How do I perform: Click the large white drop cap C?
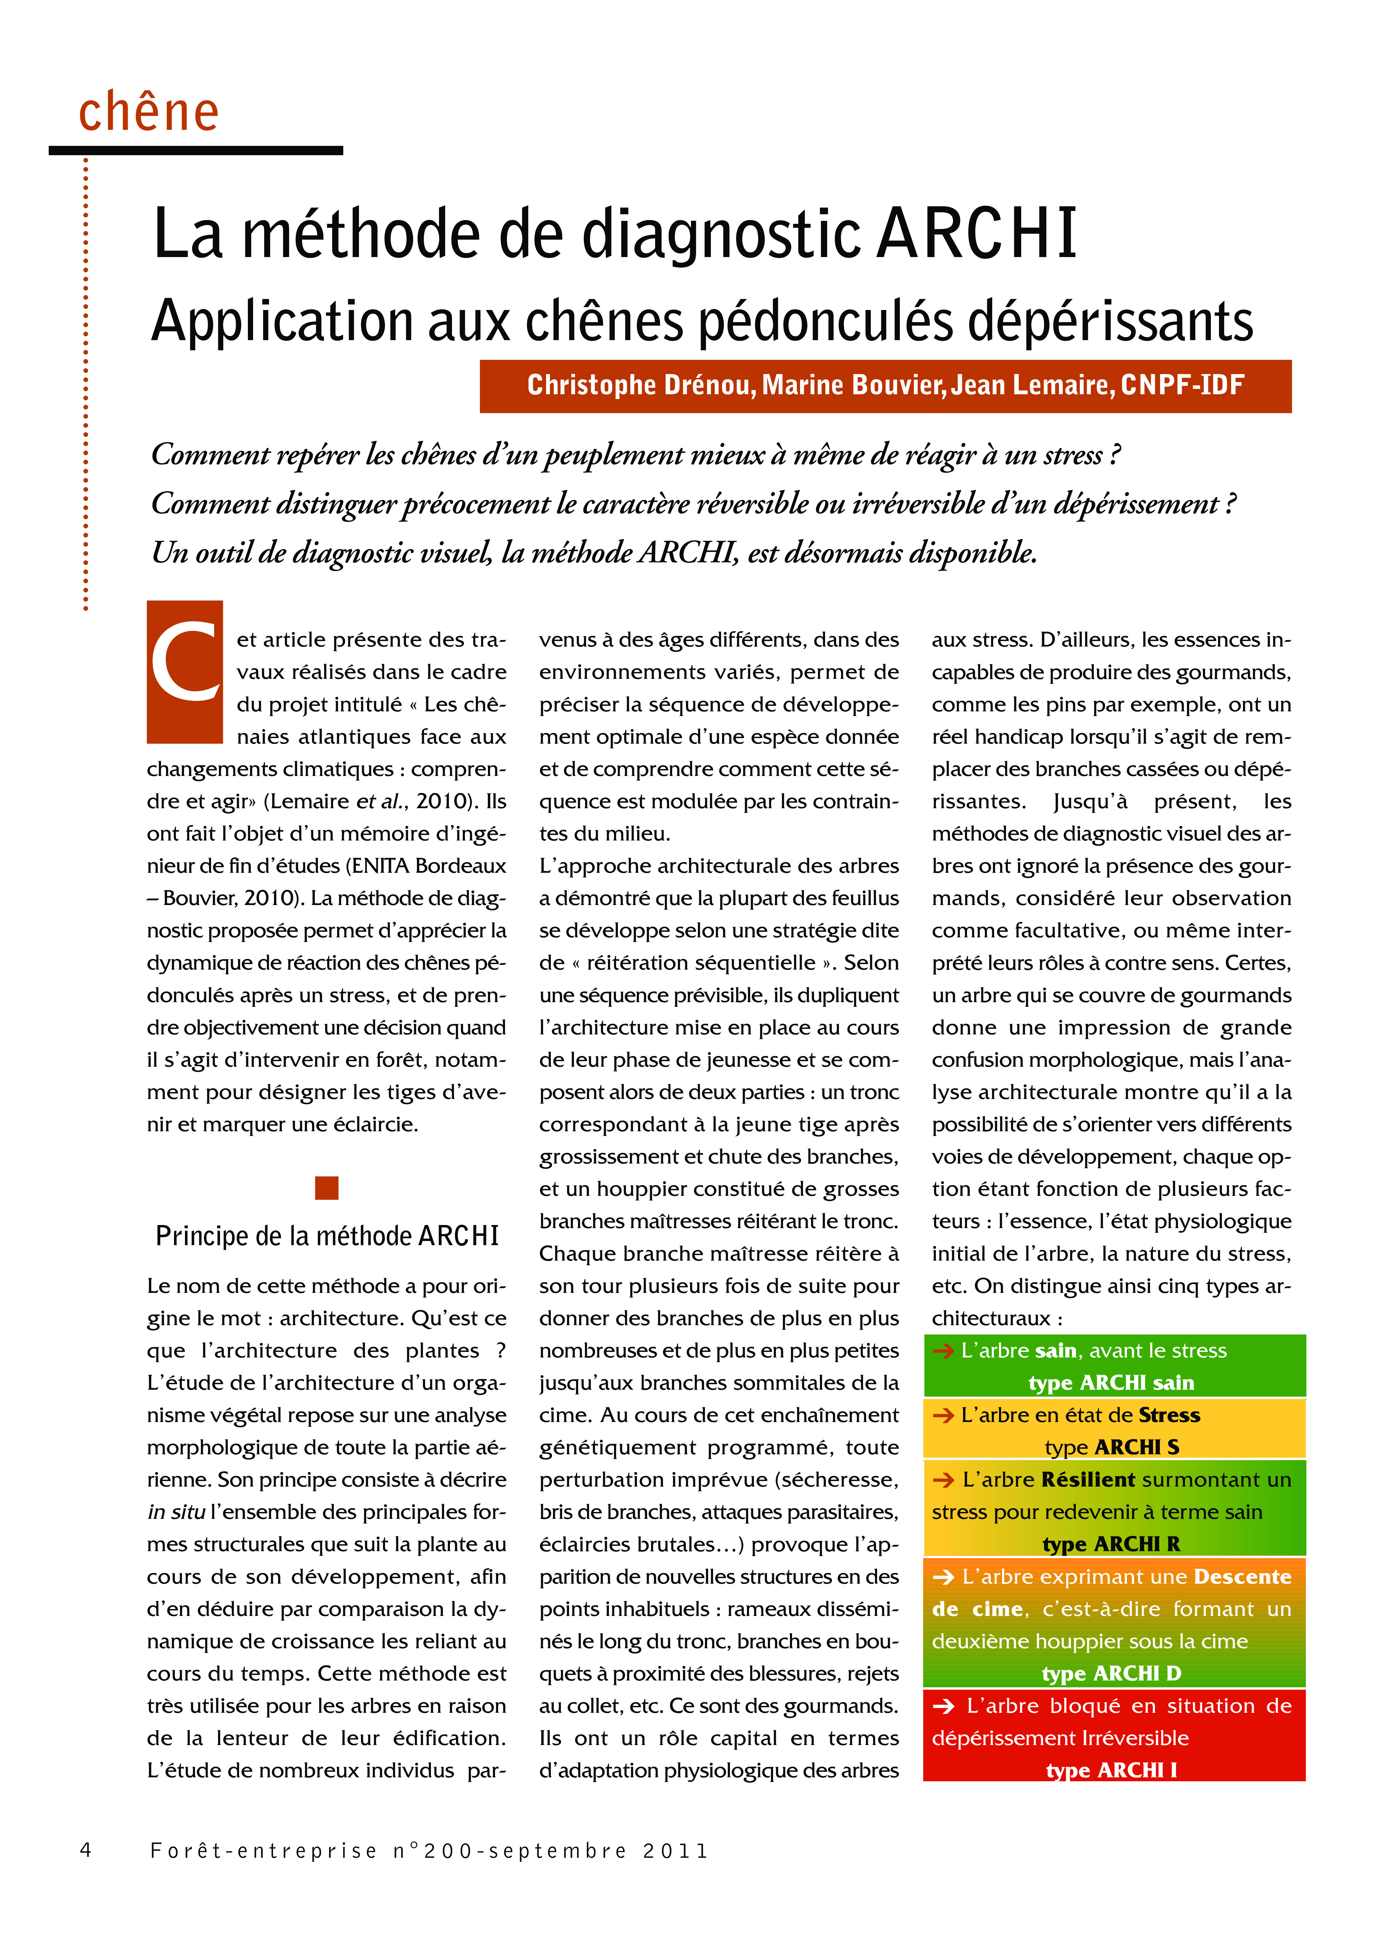pyautogui.click(x=184, y=672)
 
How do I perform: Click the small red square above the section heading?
pyautogui.click(x=327, y=1188)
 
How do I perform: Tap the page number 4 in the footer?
pyautogui.click(x=85, y=1850)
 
